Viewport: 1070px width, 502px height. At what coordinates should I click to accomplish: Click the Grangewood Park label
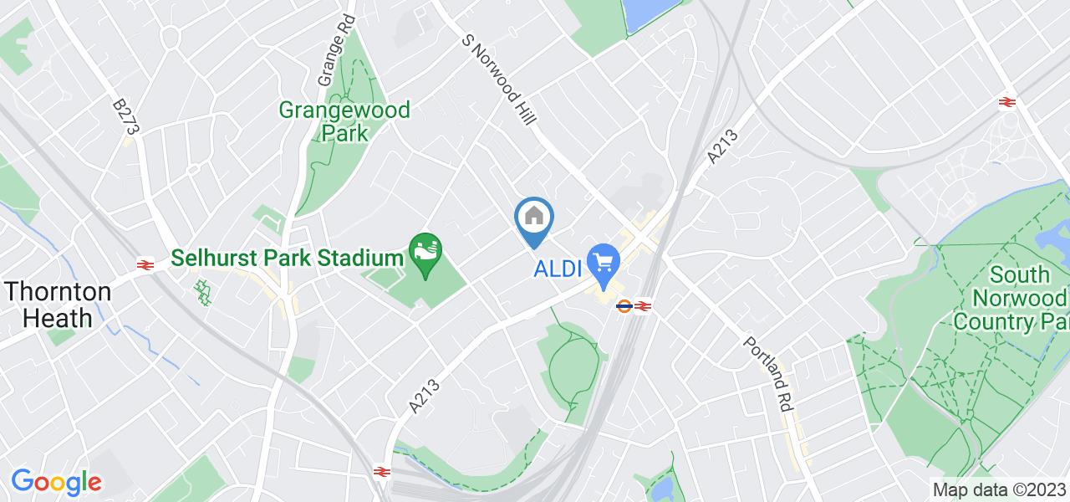(344, 121)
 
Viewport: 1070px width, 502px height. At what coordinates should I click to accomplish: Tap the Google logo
(56, 482)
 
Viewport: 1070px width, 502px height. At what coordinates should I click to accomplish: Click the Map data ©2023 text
(998, 489)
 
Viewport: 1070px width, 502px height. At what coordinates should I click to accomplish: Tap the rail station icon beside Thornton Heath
(145, 264)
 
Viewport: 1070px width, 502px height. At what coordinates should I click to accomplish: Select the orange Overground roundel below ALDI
(624, 306)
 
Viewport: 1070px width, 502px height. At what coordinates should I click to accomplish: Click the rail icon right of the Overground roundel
(642, 306)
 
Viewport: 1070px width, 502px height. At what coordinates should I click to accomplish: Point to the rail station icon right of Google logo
(380, 472)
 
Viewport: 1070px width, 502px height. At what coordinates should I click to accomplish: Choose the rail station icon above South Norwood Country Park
(1006, 102)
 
